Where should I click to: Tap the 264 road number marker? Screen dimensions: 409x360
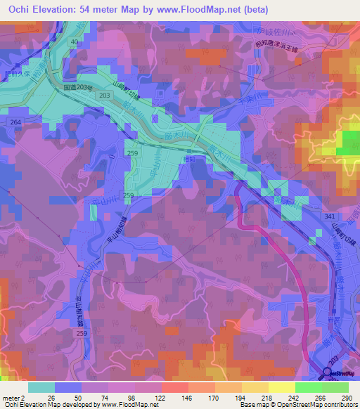click(x=15, y=122)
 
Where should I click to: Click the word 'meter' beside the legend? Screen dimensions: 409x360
click(x=10, y=398)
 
